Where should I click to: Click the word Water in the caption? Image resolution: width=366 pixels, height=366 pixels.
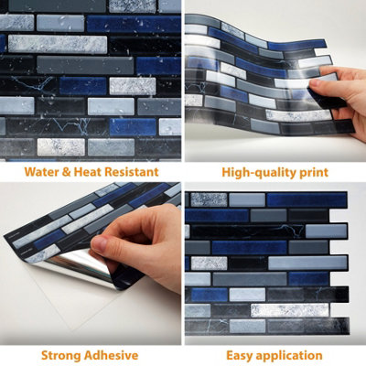pos(41,172)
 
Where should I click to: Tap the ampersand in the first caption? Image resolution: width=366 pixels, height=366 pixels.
pos(66,172)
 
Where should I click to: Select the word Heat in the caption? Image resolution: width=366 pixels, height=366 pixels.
pos(87,172)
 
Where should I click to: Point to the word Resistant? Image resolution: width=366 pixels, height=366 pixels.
pos(131,172)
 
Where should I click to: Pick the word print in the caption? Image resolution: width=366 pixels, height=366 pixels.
pos(314,173)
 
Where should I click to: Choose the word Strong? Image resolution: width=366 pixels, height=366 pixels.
pos(61,356)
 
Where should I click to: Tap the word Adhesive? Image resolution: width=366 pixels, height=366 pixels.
pos(112,355)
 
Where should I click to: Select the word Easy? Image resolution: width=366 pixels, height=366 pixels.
pos(240,356)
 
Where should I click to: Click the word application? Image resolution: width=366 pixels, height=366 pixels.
pos(289,356)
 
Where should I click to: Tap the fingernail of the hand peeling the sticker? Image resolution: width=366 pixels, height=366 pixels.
pos(99,244)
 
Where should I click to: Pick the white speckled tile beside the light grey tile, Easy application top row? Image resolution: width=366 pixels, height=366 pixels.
pos(210,199)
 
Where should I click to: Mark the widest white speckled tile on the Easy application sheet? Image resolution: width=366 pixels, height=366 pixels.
pos(290,310)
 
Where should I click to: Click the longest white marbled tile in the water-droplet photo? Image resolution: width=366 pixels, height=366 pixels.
pos(58,44)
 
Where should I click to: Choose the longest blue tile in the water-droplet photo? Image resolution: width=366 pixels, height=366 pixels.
pos(134,24)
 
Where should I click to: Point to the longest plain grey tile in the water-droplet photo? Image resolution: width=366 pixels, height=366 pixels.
pos(85,65)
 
